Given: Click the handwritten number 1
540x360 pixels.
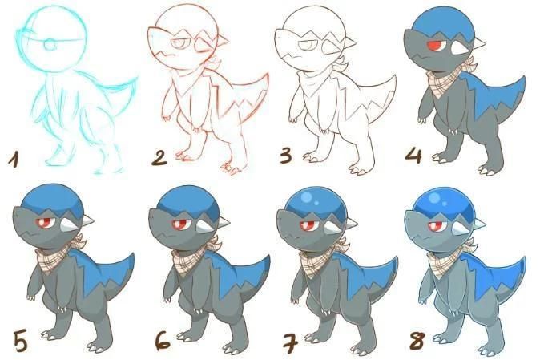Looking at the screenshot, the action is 14,160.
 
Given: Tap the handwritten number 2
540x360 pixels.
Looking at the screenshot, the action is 159,157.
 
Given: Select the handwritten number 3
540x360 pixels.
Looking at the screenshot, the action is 287,156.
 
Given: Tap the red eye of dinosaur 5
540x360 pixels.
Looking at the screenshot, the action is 44,223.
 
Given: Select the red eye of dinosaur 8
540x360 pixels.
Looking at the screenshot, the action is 435,226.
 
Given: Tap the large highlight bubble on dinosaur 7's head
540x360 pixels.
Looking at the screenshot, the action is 306,196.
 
